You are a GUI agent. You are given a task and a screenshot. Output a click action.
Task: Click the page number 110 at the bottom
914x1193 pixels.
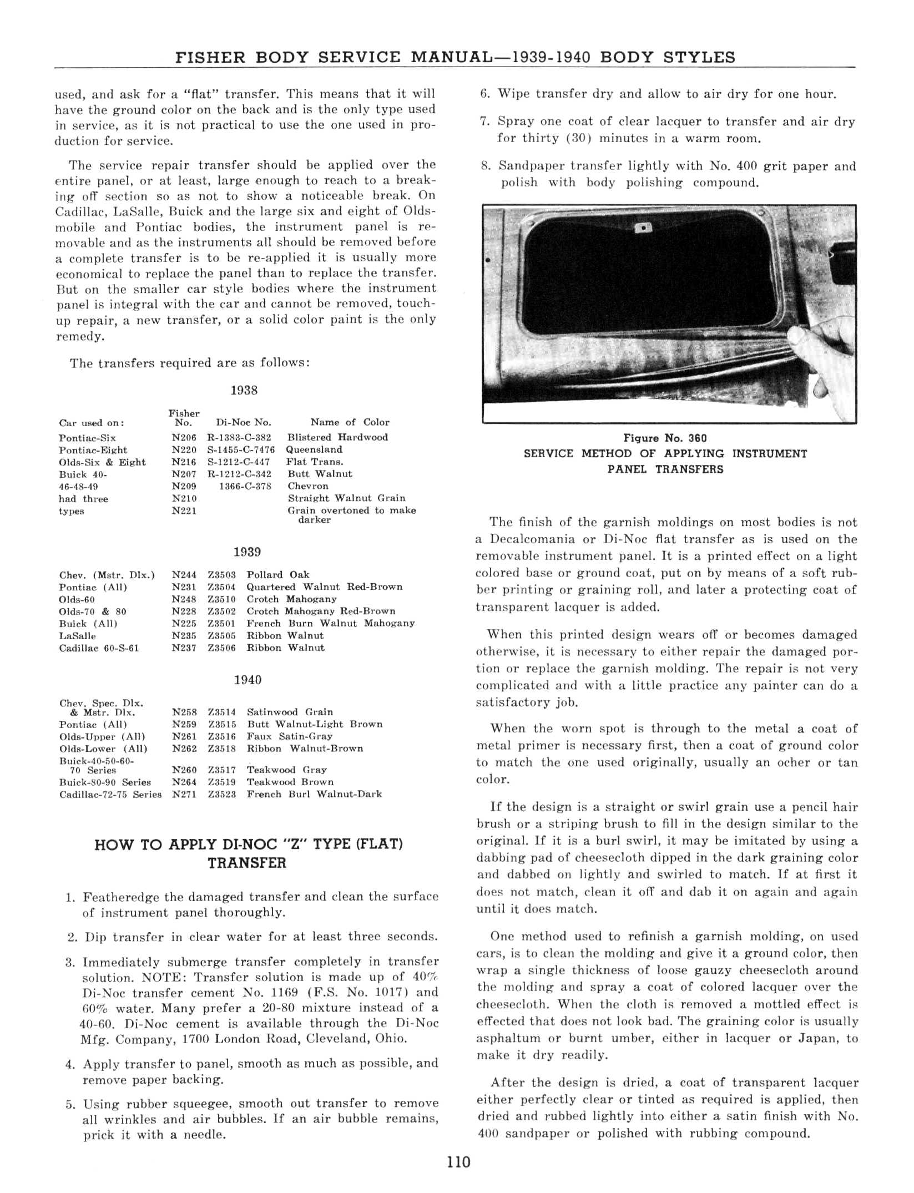[x=458, y=1161]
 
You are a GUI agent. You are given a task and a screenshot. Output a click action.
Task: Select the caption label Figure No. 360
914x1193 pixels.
[x=665, y=438]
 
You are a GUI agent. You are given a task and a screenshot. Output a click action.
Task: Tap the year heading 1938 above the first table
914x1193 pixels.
[x=244, y=390]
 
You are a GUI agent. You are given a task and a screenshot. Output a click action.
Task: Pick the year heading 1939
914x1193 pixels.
[x=247, y=552]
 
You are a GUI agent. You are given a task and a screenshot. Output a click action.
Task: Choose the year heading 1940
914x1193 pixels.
[x=248, y=680]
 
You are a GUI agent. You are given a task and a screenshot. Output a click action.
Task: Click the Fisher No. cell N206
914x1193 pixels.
[x=184, y=437]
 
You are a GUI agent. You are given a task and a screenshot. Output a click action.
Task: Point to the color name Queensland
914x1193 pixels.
[x=314, y=449]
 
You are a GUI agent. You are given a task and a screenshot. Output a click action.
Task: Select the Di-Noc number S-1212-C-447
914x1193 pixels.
[x=239, y=462]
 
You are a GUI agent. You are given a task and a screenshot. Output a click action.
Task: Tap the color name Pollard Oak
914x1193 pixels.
[x=278, y=575]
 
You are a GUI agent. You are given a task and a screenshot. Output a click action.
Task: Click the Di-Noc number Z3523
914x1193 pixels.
[x=222, y=794]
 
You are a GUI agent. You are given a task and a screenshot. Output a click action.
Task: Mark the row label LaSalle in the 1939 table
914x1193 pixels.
[x=77, y=636]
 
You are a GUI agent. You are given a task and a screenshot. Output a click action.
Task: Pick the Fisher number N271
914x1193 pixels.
[x=184, y=794]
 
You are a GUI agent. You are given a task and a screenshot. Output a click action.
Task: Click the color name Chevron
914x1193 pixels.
[x=308, y=486]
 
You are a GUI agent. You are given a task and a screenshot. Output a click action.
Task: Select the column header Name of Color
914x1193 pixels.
[x=350, y=422]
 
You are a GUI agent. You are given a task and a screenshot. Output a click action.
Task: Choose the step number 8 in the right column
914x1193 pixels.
[x=486, y=166]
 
